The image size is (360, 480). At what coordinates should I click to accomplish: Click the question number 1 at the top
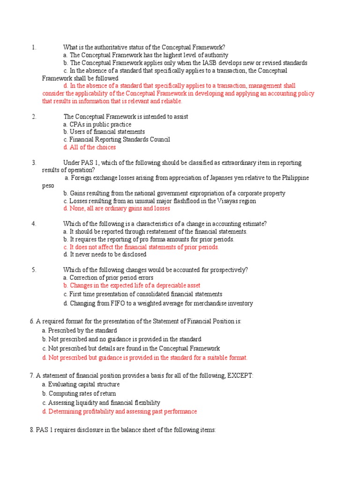(34, 47)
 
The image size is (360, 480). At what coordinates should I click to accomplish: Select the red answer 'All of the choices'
(90, 147)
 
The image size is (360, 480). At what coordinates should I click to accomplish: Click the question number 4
(34, 224)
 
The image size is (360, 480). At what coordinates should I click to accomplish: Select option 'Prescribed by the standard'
(79, 330)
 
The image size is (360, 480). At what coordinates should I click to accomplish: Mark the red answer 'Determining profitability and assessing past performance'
(120, 412)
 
